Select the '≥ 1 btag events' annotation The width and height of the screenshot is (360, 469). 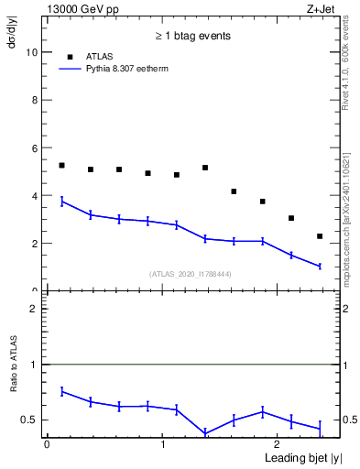coord(191,36)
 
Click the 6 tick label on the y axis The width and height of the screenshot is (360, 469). coord(34,148)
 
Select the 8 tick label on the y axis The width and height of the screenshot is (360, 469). coord(34,100)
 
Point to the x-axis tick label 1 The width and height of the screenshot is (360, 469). coord(162,444)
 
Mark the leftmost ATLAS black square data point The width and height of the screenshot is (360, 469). coord(61,165)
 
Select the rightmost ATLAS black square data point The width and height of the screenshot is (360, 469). coord(320,236)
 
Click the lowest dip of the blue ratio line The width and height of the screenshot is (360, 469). coord(205,433)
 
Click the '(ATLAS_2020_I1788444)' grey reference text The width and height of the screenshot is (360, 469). coord(191,273)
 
